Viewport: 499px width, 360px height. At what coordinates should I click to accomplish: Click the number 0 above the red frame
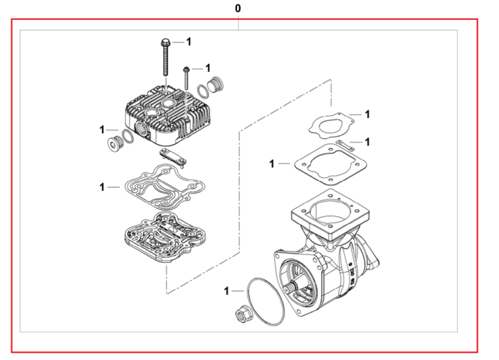(238, 9)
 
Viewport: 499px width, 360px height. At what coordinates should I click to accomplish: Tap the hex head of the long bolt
(166, 42)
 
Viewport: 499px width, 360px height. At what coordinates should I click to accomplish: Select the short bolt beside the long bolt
(186, 78)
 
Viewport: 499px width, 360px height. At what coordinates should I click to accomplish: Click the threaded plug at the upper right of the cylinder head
(215, 85)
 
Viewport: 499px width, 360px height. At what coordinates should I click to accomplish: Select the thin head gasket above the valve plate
(164, 186)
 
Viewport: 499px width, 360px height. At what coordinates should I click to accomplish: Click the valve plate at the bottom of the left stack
(164, 237)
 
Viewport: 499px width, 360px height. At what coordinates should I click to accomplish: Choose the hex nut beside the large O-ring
(244, 313)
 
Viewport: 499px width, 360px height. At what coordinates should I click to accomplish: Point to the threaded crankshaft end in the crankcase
(289, 287)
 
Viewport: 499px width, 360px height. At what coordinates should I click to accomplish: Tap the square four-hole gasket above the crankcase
(330, 164)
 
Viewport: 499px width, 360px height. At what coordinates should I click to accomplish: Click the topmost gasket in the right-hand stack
(331, 126)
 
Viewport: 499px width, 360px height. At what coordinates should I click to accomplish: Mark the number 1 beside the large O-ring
(227, 291)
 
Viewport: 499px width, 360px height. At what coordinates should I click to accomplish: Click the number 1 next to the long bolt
(189, 42)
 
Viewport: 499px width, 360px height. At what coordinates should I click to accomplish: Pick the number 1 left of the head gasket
(102, 187)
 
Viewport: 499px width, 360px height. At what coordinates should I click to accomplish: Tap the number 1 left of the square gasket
(271, 164)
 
